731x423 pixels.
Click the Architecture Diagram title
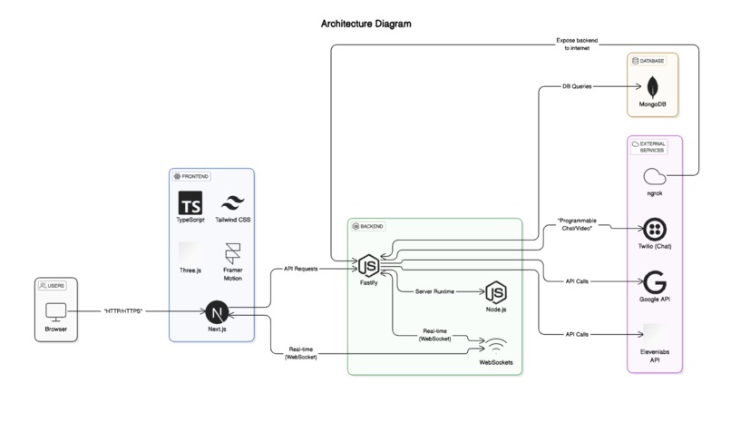[365, 23]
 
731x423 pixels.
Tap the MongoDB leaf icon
[653, 88]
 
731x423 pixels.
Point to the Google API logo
[653, 281]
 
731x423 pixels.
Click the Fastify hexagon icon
[368, 266]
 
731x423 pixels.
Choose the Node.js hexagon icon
[496, 292]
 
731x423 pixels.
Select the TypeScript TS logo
[190, 202]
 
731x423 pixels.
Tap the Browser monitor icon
[56, 310]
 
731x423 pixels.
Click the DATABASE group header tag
[649, 60]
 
